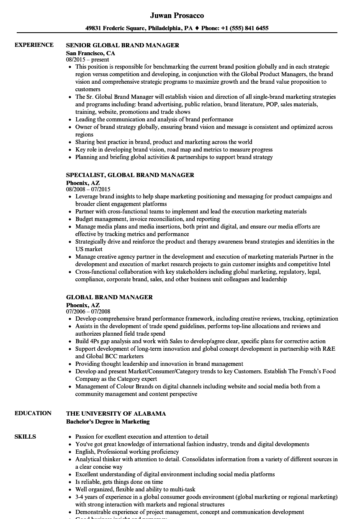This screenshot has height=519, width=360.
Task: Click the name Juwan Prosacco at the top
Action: (177, 15)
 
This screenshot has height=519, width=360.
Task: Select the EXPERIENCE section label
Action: (34, 45)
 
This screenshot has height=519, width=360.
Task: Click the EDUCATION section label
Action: (33, 413)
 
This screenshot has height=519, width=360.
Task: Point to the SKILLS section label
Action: (25, 437)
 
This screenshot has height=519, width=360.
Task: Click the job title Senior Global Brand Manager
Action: (123, 45)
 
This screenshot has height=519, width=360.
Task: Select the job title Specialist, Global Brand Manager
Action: (130, 175)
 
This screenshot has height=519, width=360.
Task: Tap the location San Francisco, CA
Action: (90, 53)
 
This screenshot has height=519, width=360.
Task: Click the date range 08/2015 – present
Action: (87, 60)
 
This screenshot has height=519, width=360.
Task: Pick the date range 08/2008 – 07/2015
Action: (88, 190)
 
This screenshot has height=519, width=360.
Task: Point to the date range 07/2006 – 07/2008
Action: (88, 312)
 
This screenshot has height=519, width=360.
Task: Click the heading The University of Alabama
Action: (116, 414)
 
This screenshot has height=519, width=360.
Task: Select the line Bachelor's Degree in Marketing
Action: (108, 421)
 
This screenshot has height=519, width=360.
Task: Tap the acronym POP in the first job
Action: (271, 104)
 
